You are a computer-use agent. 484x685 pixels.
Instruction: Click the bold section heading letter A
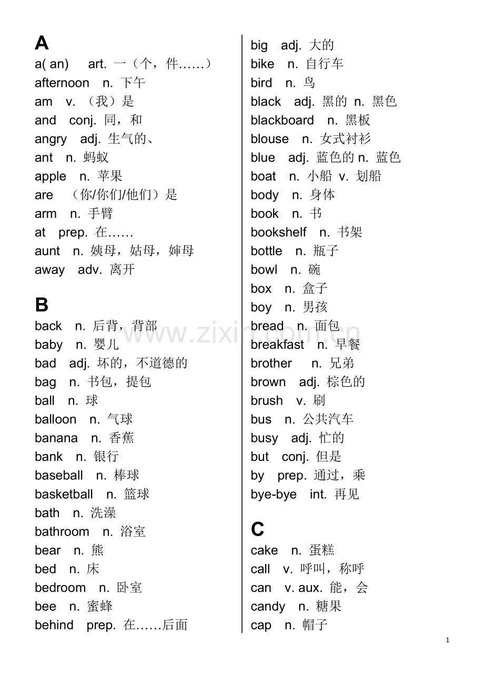pos(42,43)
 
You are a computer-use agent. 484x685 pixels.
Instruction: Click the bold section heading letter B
pos(42,305)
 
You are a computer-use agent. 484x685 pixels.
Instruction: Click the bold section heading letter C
pos(257,529)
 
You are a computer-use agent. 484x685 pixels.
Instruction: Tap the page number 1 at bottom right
pos(447,640)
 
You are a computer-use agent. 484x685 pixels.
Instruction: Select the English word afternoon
pos(62,83)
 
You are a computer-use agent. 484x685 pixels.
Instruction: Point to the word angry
pos(51,139)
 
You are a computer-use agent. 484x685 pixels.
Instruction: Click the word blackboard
pos(282,120)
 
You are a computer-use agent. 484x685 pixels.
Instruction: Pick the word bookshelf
pos(278,233)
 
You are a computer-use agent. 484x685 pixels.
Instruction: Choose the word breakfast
pos(277,345)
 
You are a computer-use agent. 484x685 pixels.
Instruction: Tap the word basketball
pos(64,495)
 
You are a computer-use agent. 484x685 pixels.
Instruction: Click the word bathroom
pos(62,532)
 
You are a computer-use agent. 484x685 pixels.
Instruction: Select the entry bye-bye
pos(274,495)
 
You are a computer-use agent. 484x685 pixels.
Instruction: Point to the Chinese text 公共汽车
pos(328,419)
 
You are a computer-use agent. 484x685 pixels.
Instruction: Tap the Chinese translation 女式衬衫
pos(345,139)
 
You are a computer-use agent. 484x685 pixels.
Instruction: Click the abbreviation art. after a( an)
pos(97,64)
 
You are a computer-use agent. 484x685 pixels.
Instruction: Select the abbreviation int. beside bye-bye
pos(318,495)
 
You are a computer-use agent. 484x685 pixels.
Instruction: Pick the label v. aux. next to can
pos(303,588)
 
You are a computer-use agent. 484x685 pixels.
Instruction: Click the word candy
pos(268,607)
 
